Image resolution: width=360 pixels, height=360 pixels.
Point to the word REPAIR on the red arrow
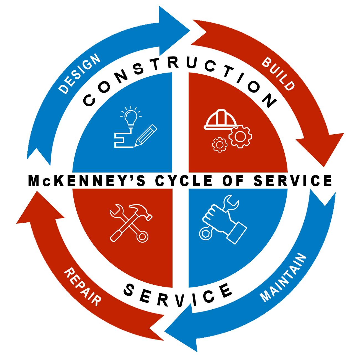[x=83, y=287]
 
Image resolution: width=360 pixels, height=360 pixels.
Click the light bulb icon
[x=130, y=117]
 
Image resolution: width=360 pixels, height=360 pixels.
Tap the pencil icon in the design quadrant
[x=145, y=135]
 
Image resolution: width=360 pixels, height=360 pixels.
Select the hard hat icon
[x=221, y=120]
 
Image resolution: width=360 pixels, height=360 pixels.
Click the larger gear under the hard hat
[x=240, y=136]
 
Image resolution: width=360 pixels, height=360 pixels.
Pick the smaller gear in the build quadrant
[x=220, y=145]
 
